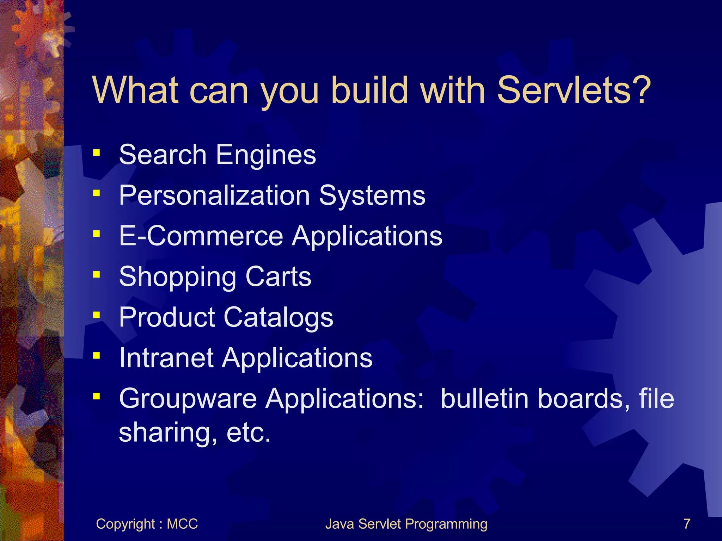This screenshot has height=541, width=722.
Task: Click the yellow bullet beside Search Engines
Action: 96,153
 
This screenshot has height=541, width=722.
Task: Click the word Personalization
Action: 214,195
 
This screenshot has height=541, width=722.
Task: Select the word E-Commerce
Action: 201,236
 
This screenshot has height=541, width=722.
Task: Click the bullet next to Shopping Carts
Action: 96,274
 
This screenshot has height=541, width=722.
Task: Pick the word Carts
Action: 278,277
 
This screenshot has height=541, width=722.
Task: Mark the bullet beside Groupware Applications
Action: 96,396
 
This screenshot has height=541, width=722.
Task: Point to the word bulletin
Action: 484,399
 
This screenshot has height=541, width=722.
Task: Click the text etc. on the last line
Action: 249,433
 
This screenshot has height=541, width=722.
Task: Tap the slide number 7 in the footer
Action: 687,524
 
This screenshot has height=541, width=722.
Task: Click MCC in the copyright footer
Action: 182,524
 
